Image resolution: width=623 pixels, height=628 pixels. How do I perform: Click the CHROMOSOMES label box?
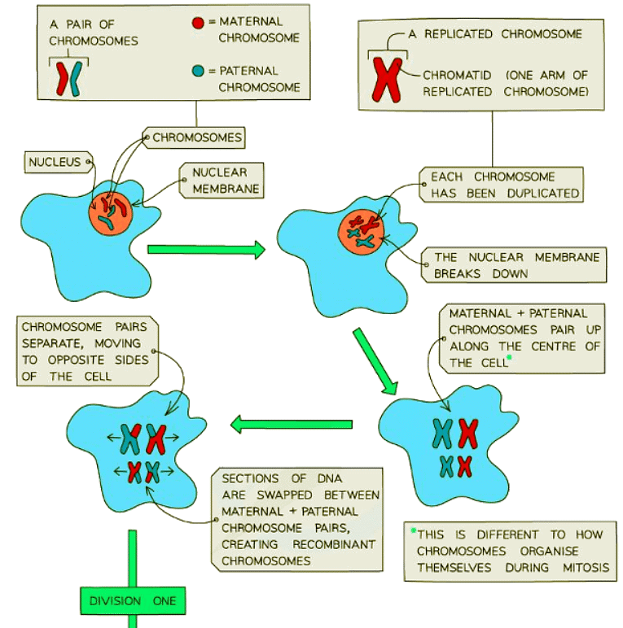click(197, 137)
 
